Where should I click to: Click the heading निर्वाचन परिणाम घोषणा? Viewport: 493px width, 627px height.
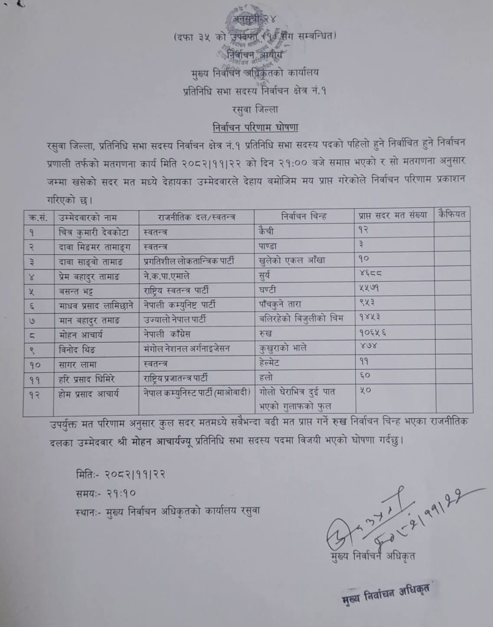255,128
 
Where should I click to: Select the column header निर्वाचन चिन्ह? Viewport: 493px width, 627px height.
304,216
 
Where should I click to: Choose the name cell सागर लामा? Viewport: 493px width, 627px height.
78,364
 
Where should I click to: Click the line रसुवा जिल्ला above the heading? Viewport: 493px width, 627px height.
255,110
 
